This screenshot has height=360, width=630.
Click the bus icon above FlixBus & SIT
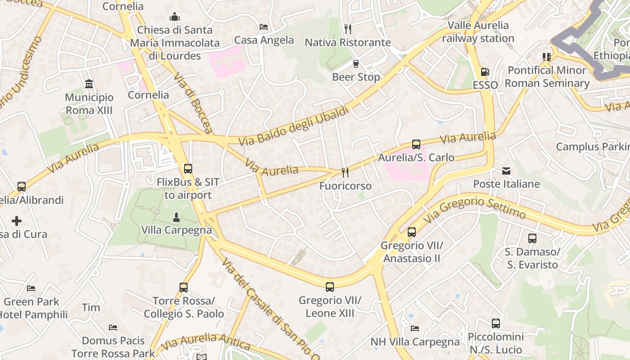(x=188, y=169)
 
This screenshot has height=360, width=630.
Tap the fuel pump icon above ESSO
(x=485, y=72)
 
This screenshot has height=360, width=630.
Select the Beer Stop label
(x=356, y=77)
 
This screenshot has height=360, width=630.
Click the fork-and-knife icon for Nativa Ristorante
(x=347, y=29)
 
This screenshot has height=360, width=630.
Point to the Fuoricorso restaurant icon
(x=345, y=172)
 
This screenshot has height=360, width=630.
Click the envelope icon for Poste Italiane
(x=506, y=171)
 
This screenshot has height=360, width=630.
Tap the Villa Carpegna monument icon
(x=176, y=217)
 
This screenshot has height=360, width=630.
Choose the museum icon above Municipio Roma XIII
(x=89, y=84)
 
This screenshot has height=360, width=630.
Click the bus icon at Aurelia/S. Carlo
(x=416, y=144)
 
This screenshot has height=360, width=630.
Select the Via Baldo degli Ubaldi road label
(x=293, y=126)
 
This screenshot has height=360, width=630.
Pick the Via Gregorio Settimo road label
(x=475, y=207)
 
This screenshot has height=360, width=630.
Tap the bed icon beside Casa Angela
(x=264, y=27)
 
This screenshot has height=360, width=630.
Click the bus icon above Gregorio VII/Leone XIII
(x=330, y=287)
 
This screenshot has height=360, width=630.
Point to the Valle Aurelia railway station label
(x=478, y=32)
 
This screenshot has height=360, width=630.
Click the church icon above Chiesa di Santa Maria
(x=175, y=17)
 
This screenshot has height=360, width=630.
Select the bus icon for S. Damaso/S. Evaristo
(x=532, y=238)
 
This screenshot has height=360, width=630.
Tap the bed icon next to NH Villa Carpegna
(x=415, y=328)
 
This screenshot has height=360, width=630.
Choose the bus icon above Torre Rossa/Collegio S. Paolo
(x=184, y=288)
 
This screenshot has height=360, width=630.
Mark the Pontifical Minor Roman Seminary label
(x=547, y=76)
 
